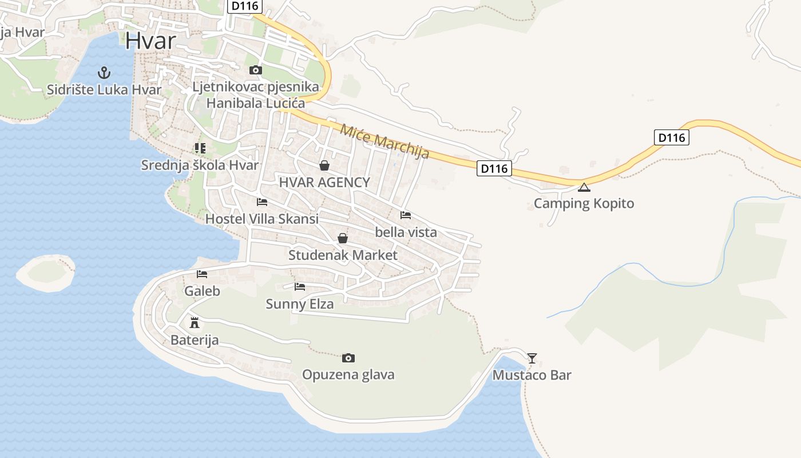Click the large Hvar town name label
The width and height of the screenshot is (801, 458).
coord(150,41)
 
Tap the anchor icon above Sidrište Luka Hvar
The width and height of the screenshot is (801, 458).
coord(104,73)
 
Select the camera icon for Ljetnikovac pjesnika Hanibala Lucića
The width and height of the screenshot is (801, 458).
coord(255,70)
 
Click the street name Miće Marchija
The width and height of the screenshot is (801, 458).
coord(384,140)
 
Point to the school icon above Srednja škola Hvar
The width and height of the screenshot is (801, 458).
coord(200,148)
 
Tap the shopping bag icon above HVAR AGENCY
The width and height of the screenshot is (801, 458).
coord(324,165)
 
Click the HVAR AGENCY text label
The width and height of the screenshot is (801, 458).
coord(324,183)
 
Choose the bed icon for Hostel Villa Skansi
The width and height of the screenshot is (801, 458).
coord(262,202)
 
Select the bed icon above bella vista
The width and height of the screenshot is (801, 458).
coord(406,215)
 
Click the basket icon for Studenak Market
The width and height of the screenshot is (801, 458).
coord(343,238)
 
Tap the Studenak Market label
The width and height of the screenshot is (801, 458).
coord(343,255)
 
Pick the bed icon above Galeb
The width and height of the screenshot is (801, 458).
coord(202,274)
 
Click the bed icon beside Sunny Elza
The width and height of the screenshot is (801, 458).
coord(300,287)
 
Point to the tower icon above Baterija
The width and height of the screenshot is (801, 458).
coord(195,323)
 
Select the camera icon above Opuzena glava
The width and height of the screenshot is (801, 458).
coord(348,358)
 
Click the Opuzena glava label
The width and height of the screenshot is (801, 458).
coord(348,375)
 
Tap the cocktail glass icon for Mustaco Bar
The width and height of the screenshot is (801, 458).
coord(532,358)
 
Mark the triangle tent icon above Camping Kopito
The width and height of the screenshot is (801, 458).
coord(584,187)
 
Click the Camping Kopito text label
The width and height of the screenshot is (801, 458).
coord(584,203)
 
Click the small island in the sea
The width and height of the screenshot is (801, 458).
coord(46,272)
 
